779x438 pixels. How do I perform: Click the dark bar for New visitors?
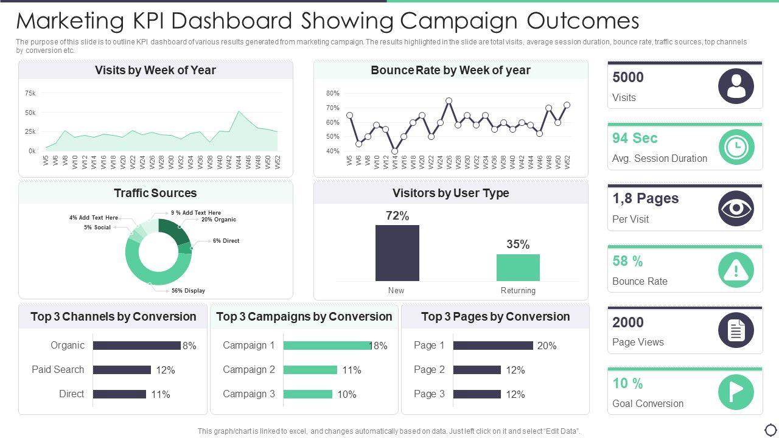point(397,253)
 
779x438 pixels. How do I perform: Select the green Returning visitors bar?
point(518,268)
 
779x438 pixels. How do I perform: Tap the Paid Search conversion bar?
point(122,370)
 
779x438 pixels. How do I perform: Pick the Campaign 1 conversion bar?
point(327,346)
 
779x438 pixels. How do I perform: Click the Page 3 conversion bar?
point(477,394)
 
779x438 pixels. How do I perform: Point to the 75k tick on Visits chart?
point(30,94)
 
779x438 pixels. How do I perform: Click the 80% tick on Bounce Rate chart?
point(332,94)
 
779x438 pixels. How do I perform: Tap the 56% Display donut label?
point(188,291)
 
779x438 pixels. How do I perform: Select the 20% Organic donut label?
point(218,220)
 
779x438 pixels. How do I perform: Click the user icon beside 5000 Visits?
point(736,86)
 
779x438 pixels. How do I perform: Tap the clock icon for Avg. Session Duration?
point(736,147)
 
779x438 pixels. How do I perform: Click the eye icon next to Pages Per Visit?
point(736,208)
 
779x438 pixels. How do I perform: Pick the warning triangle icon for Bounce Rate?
point(736,269)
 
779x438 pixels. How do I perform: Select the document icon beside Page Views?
point(736,330)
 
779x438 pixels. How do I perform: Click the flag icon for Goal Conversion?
point(736,392)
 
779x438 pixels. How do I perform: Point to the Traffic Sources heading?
point(155,193)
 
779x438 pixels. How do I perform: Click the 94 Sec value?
point(635,138)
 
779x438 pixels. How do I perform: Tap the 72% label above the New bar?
point(397,216)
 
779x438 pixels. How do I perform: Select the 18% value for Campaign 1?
point(379,346)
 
